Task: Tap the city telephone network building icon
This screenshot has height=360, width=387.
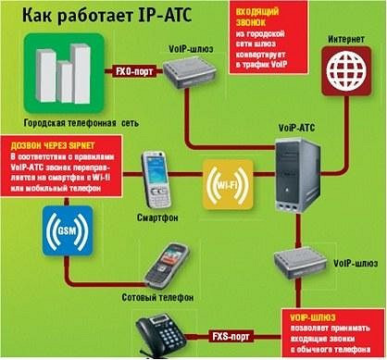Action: pos(59,75)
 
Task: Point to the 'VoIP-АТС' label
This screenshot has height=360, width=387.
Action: pos(296,123)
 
